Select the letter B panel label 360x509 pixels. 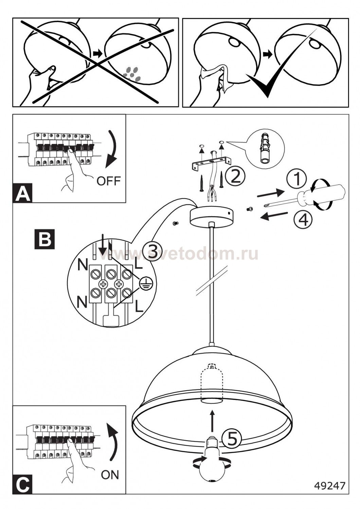pyautogui.click(x=44, y=239)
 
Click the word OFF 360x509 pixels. pyautogui.click(x=108, y=181)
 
